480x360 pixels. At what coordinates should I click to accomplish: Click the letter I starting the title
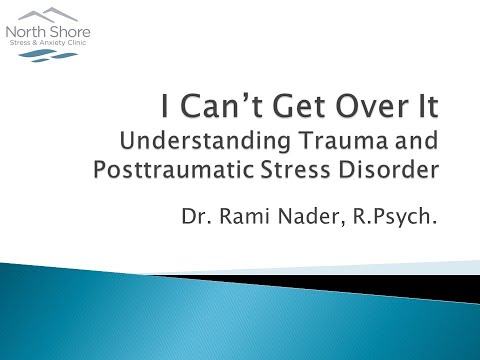coord(169,103)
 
